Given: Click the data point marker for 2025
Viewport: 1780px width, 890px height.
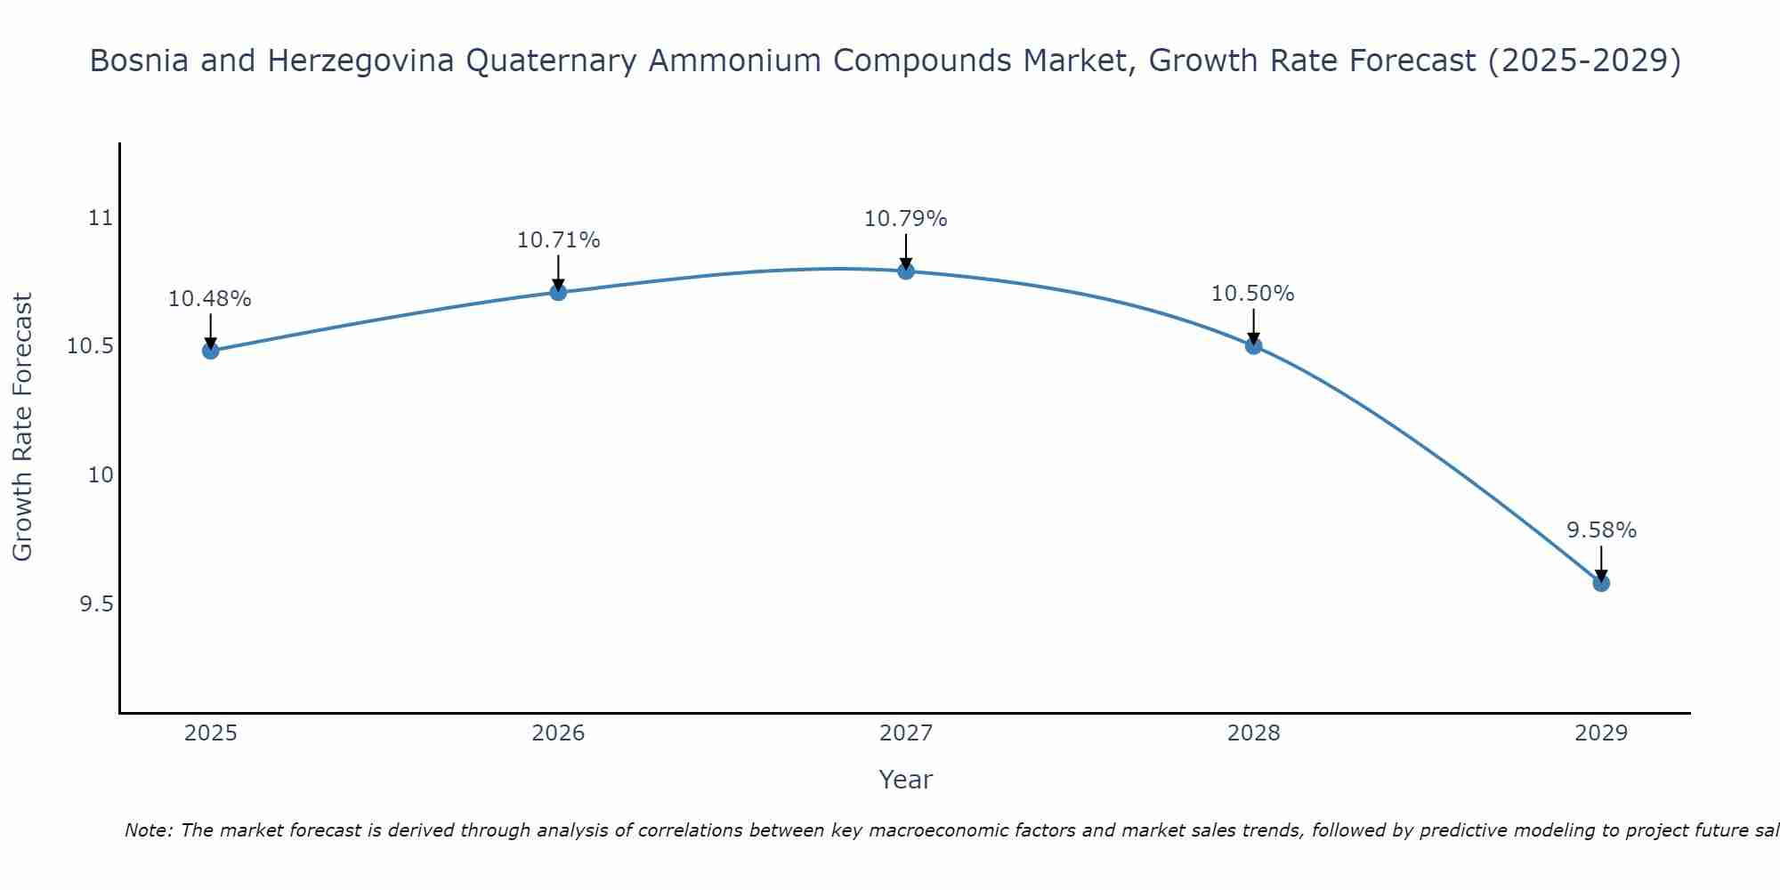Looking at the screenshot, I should click(x=211, y=351).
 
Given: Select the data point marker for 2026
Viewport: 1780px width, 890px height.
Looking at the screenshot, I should click(x=558, y=292).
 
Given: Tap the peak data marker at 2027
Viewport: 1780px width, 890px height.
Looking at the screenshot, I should click(x=906, y=271).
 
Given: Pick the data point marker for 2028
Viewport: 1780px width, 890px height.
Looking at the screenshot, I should click(x=1253, y=345).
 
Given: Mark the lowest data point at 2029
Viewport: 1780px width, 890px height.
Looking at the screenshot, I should click(x=1601, y=583).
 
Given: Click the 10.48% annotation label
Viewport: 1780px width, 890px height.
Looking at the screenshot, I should click(x=210, y=299).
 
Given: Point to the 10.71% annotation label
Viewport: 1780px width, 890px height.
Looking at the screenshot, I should click(x=558, y=240).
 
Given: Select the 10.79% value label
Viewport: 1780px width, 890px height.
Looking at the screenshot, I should click(x=906, y=219).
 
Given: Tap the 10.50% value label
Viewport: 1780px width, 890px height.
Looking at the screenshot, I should click(x=1253, y=294).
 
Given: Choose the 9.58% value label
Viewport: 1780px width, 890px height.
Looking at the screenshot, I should click(x=1601, y=530).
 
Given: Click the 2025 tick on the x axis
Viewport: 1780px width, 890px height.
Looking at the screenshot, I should click(x=211, y=733).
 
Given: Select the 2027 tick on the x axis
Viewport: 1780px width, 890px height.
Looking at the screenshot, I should click(x=906, y=733).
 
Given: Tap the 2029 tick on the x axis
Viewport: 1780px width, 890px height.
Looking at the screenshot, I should click(x=1601, y=733).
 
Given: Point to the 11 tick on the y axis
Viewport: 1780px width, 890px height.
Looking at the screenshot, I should click(x=101, y=218).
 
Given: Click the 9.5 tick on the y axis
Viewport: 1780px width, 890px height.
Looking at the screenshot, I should click(x=97, y=604).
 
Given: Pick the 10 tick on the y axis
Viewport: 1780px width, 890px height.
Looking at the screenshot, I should click(x=101, y=475).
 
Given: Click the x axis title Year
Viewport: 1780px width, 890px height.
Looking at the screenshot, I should click(x=906, y=780).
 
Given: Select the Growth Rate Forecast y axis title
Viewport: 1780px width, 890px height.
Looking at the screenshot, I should click(x=23, y=427).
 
